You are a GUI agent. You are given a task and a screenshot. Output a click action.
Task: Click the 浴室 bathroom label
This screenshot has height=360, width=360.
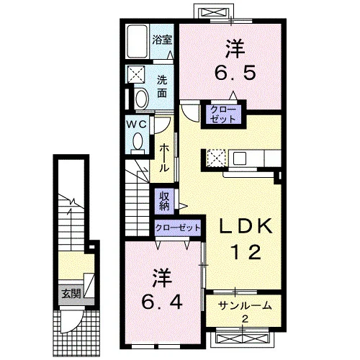[x=162, y=40]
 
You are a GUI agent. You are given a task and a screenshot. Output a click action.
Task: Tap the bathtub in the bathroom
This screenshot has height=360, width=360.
[x=137, y=41]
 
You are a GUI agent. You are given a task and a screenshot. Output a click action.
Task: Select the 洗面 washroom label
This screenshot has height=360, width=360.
[x=162, y=86]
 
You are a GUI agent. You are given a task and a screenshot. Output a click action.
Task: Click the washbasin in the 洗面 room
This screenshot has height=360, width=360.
[x=142, y=98]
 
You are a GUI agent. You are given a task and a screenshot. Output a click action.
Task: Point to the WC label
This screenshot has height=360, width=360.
[x=137, y=125]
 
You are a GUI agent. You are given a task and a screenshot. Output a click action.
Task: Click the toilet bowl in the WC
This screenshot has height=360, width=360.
[x=138, y=143]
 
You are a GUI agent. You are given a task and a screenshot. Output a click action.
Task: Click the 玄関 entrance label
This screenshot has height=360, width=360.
[x=71, y=293]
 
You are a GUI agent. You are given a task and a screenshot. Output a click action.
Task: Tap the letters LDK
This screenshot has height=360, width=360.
[x=246, y=226]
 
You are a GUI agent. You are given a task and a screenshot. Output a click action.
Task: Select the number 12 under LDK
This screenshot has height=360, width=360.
[x=246, y=252]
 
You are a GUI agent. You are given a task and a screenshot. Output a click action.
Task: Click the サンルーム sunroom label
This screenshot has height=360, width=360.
[x=245, y=306]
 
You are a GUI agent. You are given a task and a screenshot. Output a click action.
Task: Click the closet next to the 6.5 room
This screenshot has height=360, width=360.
[x=223, y=114]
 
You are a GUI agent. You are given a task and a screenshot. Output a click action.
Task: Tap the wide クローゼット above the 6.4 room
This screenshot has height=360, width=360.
[x=177, y=228]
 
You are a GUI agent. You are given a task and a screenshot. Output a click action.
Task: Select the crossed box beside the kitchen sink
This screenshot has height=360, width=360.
[x=216, y=158]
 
